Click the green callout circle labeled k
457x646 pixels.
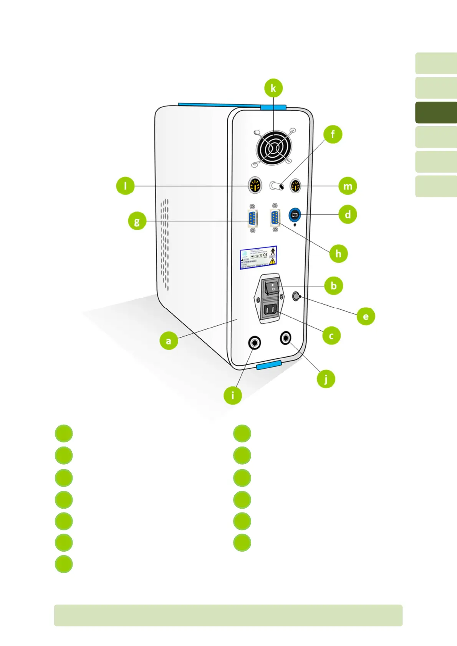point(273,88)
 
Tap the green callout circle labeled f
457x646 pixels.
point(333,135)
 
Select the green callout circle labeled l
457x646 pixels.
point(125,186)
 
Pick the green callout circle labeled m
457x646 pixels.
point(348,186)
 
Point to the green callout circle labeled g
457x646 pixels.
point(137,221)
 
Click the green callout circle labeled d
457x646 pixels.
point(348,214)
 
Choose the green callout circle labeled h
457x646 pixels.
point(338,254)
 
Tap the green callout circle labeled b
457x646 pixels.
point(333,286)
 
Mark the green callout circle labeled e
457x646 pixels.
point(366,316)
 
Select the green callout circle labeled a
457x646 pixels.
point(168,341)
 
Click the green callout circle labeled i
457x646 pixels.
point(233,395)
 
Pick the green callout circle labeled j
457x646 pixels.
point(326,379)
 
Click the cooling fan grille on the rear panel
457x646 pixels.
point(273,148)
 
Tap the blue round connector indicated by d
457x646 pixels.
point(295,215)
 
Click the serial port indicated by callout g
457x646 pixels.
point(252,220)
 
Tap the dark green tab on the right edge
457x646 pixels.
point(436,112)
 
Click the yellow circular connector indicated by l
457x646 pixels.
point(255,186)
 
